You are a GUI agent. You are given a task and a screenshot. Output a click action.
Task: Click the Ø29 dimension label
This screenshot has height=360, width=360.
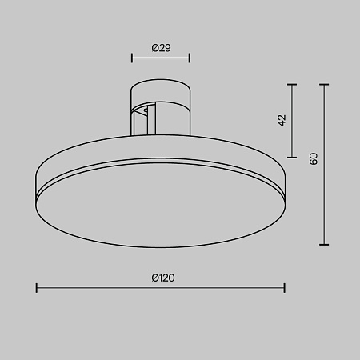click(x=161, y=48)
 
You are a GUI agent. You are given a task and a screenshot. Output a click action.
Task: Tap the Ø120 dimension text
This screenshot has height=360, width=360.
click(x=162, y=278)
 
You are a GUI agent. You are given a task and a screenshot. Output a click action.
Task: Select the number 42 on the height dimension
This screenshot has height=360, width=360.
click(x=282, y=120)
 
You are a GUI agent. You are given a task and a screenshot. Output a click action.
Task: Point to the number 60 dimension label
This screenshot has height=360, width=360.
click(x=314, y=158)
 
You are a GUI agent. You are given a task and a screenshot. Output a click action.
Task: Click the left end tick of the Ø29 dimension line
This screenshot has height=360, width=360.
click(x=132, y=58)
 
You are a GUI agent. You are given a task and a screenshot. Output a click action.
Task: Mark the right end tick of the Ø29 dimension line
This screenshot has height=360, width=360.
click(x=190, y=58)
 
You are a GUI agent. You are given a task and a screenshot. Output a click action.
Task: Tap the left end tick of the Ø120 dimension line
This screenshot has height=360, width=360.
click(x=37, y=288)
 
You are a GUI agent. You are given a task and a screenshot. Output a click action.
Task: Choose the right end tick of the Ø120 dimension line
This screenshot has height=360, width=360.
click(x=285, y=288)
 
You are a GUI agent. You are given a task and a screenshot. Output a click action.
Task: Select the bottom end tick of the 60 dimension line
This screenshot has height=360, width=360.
click(x=324, y=244)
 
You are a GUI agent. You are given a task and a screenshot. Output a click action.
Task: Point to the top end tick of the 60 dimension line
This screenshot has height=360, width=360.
click(x=324, y=83)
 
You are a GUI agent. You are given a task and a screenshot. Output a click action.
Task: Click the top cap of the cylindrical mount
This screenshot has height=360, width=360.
click(x=161, y=85)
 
